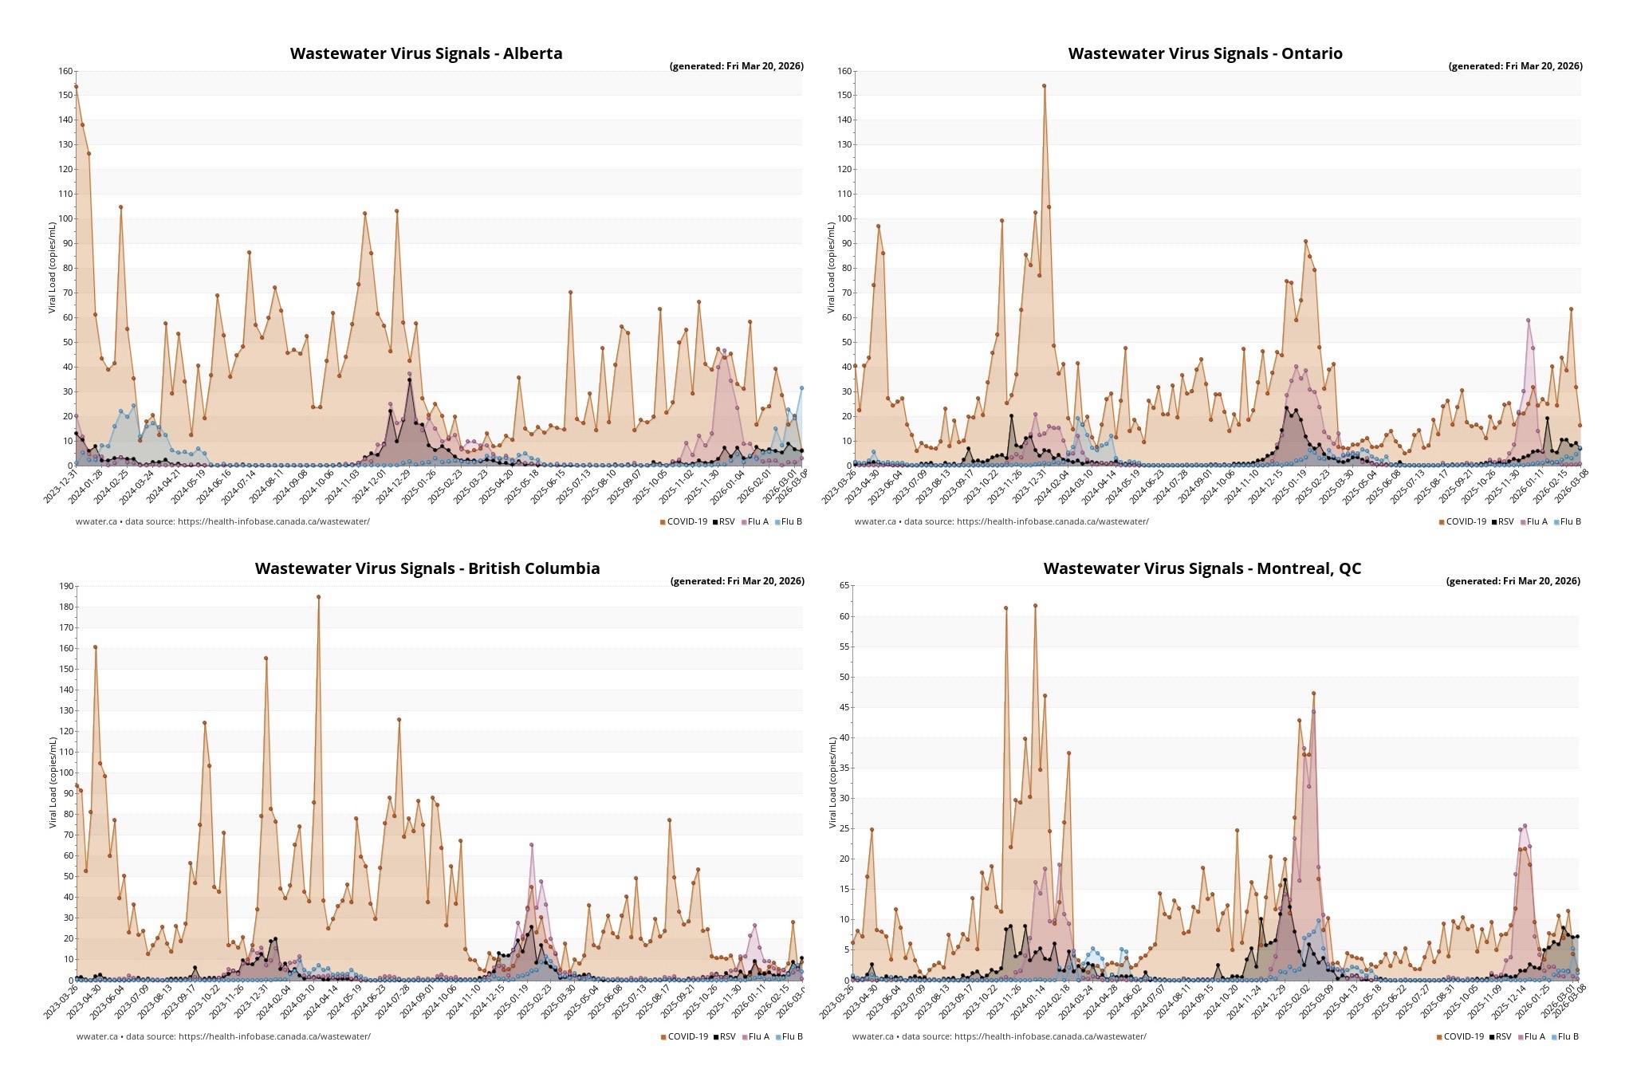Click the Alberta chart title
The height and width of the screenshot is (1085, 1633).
click(426, 53)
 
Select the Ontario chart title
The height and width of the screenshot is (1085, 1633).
click(1205, 53)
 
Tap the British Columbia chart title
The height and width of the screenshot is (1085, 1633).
click(427, 568)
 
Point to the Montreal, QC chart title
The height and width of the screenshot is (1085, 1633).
click(1202, 568)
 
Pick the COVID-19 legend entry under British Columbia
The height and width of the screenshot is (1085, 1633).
click(684, 1037)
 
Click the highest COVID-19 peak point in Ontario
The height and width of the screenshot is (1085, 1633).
click(1044, 86)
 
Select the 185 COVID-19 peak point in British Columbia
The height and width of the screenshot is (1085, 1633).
click(318, 596)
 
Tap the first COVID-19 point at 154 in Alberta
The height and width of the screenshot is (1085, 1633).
click(76, 86)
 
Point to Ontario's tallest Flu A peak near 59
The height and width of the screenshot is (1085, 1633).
click(1528, 320)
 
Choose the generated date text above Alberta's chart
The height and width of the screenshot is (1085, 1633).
click(736, 66)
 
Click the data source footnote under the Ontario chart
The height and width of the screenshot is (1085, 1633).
click(1001, 522)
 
